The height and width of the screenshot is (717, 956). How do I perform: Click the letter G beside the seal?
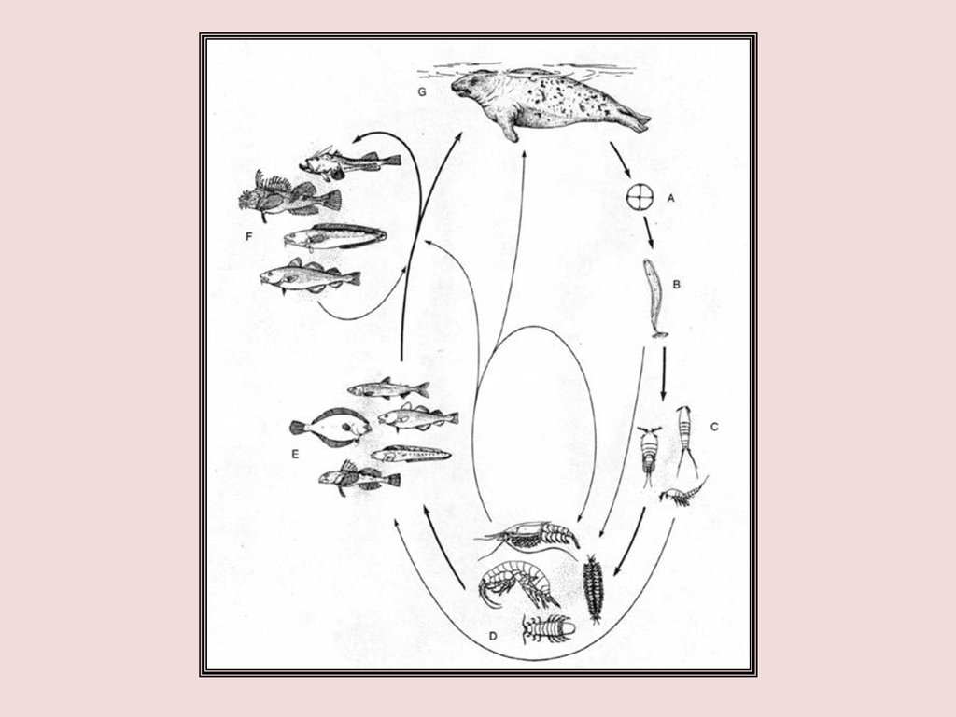422,92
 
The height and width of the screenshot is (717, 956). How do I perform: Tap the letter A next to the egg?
671,198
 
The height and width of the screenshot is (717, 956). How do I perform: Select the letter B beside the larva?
676,284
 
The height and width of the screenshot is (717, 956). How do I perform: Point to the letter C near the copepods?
714,427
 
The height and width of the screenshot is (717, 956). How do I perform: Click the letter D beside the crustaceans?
493,636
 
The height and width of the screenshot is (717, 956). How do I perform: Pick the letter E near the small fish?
295,455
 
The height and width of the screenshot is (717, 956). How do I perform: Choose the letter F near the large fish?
248,236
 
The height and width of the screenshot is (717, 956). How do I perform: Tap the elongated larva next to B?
654,298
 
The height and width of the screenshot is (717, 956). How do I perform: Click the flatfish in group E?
330,428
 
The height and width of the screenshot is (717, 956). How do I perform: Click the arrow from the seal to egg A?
621,162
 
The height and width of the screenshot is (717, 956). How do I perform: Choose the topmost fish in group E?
388,387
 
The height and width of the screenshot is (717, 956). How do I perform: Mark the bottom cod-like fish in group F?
310,277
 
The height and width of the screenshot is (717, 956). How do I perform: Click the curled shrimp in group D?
518,584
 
